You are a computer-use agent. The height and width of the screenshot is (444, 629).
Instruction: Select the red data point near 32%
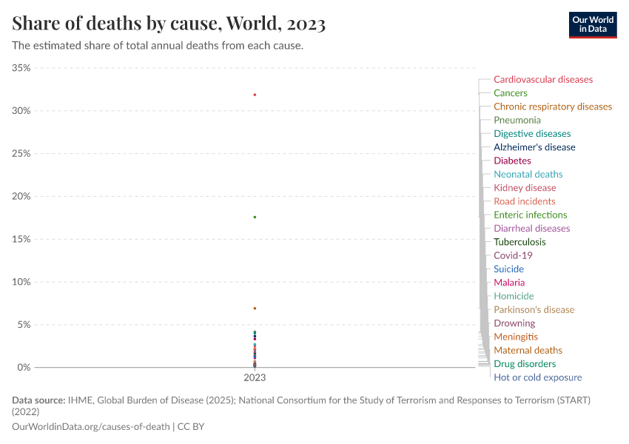255,95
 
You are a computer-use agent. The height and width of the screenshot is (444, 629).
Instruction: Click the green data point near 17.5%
255,217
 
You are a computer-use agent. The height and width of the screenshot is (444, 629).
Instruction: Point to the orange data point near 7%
255,308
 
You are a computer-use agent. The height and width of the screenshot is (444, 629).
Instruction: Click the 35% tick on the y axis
21,68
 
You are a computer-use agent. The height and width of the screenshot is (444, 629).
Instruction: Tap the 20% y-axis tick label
21,196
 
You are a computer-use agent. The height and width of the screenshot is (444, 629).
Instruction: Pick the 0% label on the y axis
24,367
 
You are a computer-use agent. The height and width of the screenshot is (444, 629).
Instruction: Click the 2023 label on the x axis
255,377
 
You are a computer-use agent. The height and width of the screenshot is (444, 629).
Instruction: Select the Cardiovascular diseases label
542,79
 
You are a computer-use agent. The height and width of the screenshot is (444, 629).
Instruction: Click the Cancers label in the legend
510,93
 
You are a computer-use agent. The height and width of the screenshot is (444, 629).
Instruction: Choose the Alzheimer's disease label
534,147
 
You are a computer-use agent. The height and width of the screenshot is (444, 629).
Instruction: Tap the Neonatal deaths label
528,174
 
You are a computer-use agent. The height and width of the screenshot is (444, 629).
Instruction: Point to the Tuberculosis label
519,242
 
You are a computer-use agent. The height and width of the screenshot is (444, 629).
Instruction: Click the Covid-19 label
512,255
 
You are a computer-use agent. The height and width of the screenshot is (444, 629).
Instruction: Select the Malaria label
509,283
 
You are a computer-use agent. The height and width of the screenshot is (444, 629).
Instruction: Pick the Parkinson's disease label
534,309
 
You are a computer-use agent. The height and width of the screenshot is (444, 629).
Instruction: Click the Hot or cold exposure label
537,377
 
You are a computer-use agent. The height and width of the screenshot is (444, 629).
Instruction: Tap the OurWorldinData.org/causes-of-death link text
91,427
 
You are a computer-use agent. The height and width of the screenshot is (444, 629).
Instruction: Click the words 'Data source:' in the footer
38,400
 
